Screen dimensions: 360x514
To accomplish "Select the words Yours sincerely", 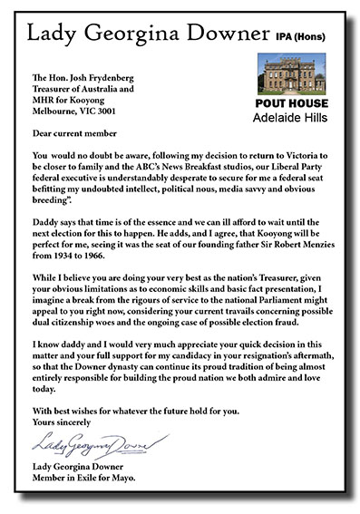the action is (x=64, y=421).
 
